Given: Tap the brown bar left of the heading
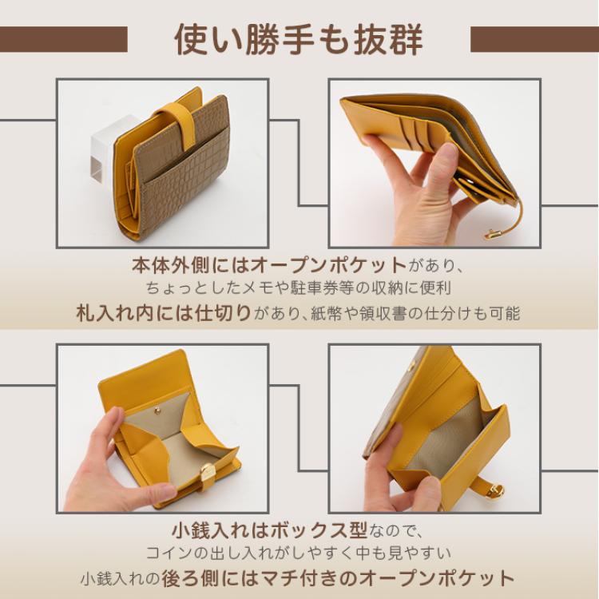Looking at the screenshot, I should point(64,39).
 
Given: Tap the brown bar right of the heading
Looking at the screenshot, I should point(534,39).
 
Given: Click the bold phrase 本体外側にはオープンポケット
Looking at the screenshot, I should point(269,264).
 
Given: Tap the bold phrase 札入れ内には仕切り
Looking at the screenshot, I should point(165,312).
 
